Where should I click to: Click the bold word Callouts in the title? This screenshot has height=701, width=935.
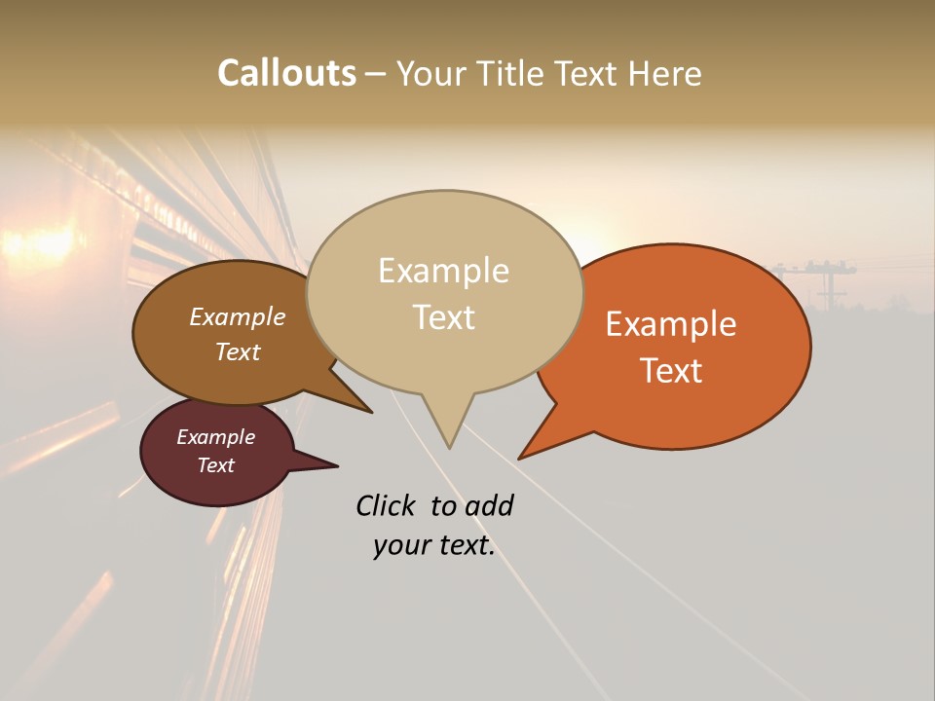(286, 73)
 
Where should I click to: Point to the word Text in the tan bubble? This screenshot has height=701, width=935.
(444, 316)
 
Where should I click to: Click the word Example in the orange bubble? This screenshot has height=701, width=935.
(671, 324)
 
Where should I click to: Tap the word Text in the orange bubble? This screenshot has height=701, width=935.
(671, 371)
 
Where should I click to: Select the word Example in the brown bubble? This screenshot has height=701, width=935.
(237, 317)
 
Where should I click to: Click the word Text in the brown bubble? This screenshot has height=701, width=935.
(237, 351)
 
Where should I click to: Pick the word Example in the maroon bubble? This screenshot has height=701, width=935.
(215, 437)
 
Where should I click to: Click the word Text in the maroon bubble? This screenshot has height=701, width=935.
(215, 465)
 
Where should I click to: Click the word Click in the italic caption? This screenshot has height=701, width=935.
(387, 505)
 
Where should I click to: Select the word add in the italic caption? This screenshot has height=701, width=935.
(489, 505)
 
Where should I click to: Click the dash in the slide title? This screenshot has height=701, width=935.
(376, 74)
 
